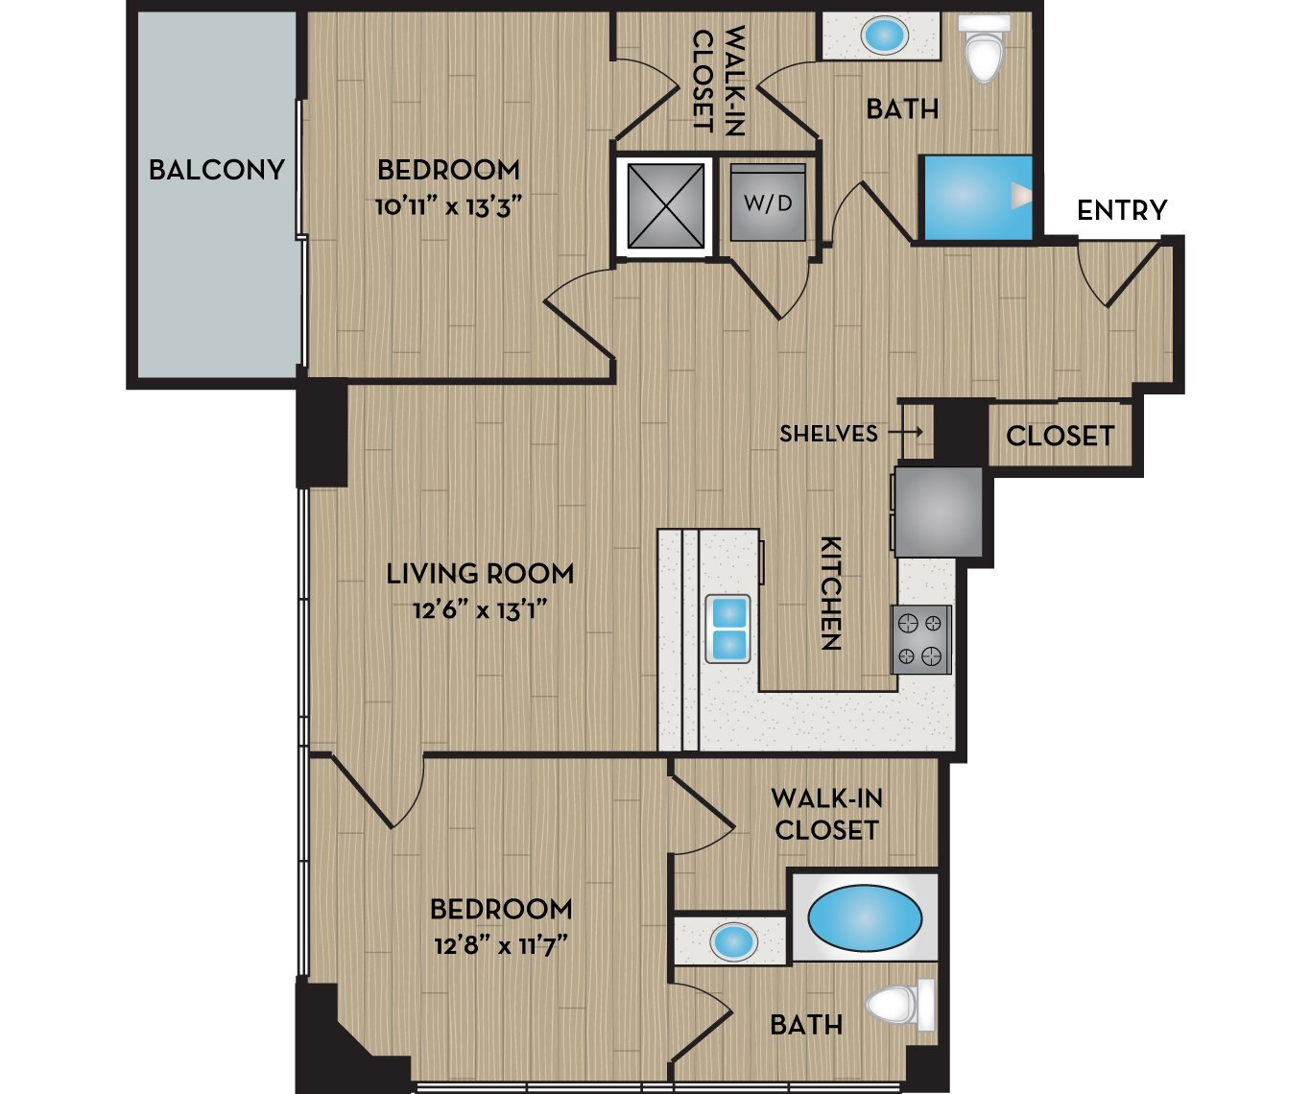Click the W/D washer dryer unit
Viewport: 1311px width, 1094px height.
click(768, 202)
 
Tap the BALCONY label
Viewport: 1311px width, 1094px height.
click(217, 170)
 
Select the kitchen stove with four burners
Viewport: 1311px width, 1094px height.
click(921, 639)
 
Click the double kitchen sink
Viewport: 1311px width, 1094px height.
click(728, 629)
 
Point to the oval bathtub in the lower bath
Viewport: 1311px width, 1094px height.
click(865, 917)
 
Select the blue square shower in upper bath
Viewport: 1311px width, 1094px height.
click(976, 197)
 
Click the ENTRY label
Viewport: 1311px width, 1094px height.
click(1122, 210)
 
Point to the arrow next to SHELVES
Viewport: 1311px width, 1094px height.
click(905, 434)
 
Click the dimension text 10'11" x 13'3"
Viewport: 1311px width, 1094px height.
click(448, 207)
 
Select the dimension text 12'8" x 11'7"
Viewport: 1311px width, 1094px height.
click(500, 946)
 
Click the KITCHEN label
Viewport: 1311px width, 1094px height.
click(830, 593)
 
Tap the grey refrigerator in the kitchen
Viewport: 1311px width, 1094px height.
click(938, 511)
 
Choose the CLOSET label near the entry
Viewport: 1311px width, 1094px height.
click(1060, 437)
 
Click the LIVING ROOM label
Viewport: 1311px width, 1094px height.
click(480, 574)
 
